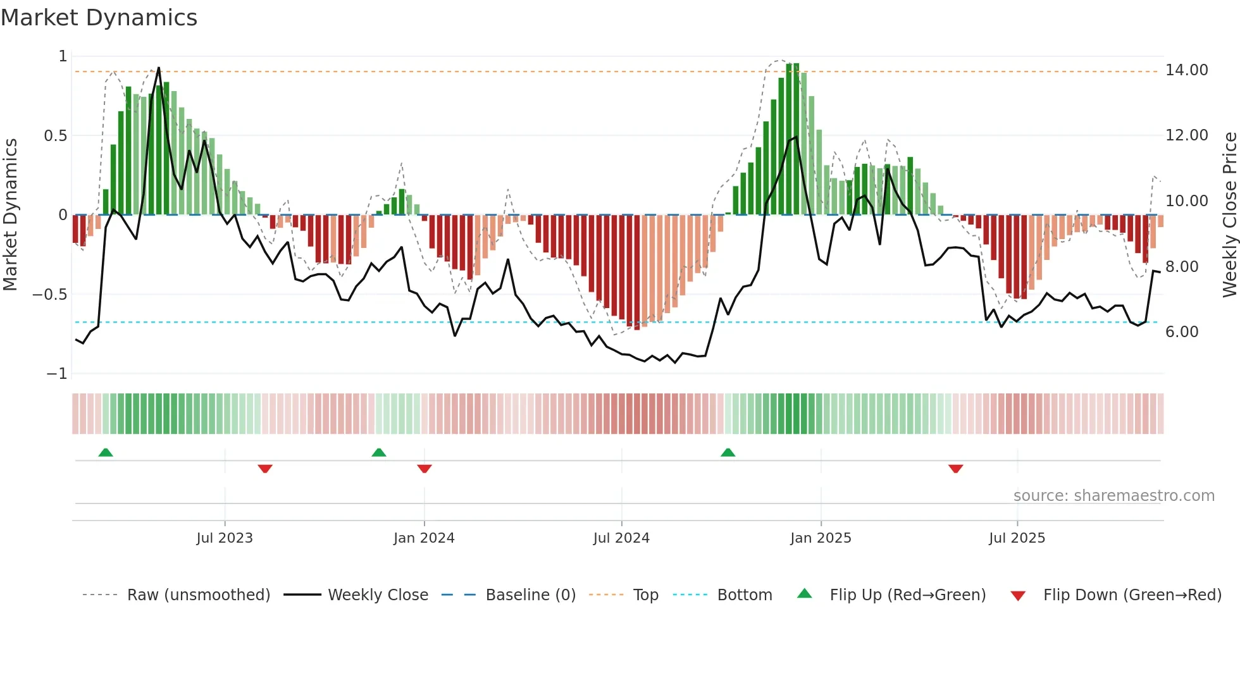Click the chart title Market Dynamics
tap(99, 18)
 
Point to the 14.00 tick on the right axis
tap(1186, 70)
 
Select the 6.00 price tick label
tap(1181, 332)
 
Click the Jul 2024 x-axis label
tap(621, 538)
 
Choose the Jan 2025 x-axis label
tap(820, 538)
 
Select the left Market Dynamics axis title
tap(10, 215)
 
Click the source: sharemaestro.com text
tap(1113, 496)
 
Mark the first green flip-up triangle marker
tap(106, 453)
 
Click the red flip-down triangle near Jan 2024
tap(425, 469)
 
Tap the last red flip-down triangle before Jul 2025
tap(955, 469)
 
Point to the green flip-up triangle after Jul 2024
tap(728, 453)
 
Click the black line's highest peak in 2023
tap(158, 68)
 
